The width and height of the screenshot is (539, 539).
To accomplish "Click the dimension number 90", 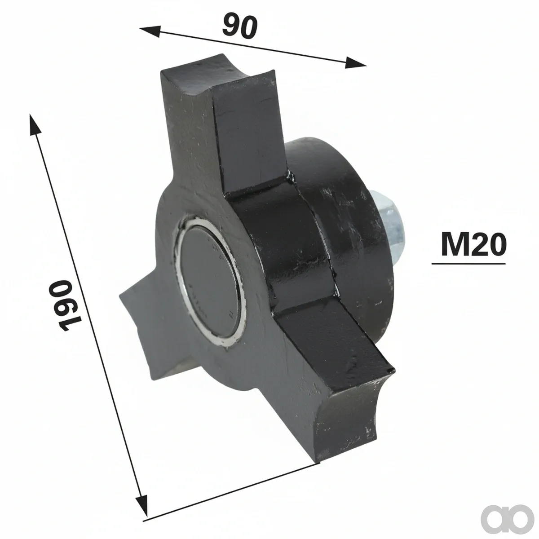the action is click(240, 27).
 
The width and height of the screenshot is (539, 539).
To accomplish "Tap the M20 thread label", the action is click(473, 245).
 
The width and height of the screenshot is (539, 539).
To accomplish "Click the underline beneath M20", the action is click(468, 263).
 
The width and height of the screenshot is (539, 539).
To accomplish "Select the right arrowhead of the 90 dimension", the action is click(356, 62).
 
